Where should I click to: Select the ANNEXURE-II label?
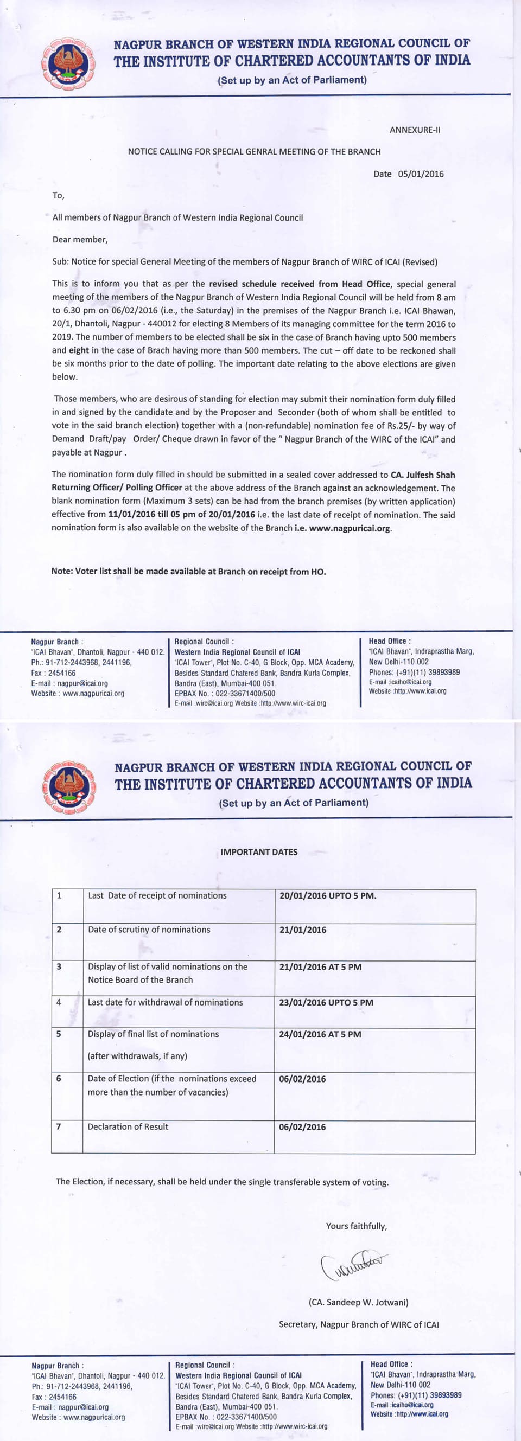pos(415,130)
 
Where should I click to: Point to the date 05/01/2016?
pos(420,174)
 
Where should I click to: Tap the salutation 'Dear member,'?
pos(79,239)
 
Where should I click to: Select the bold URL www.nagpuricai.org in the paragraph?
pos(350,528)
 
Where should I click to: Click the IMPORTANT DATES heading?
pos(258,852)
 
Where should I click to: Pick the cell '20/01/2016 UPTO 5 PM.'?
pos(327,895)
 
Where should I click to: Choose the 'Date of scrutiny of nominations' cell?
pos(149,930)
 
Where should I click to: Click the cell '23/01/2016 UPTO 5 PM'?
pos(326,1002)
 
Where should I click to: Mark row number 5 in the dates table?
pos(59,1034)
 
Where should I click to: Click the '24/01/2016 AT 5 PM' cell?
pos(320,1034)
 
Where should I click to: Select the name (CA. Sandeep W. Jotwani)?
pos(358,1302)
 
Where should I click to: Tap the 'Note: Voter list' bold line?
pos(188,571)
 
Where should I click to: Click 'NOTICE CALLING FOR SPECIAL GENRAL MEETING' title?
pos(254,152)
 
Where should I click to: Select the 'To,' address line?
pos(58,195)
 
